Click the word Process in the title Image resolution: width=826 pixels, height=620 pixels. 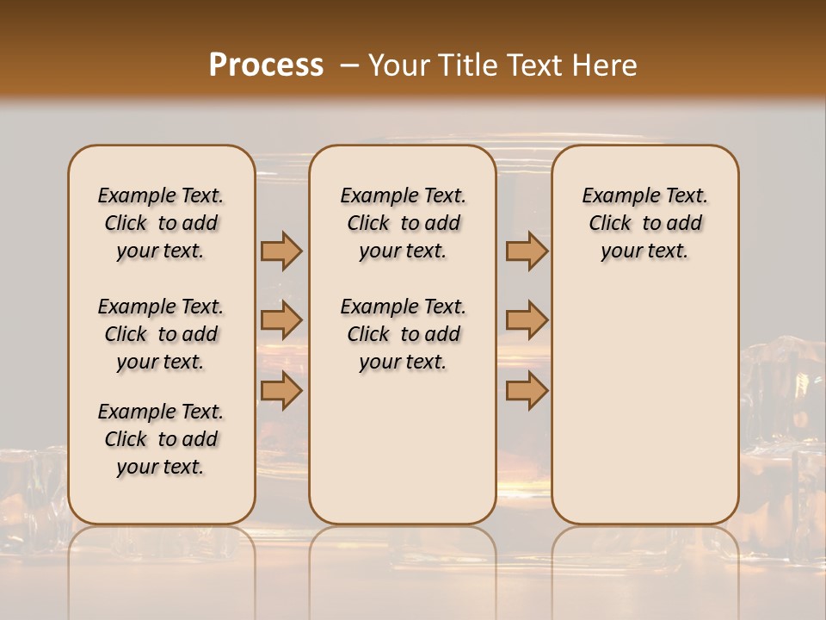[266, 65]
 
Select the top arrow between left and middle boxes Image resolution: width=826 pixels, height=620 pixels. [281, 251]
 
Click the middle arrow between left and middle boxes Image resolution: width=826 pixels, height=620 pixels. [281, 321]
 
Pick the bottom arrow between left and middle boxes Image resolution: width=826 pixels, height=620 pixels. [281, 391]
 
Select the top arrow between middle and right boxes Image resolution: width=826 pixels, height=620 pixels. [527, 251]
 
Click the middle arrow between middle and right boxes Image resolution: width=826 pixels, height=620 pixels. [527, 321]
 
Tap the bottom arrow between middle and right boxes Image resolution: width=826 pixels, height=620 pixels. [527, 391]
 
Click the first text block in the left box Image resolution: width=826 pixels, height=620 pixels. [161, 223]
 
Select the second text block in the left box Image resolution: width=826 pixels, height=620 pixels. [161, 334]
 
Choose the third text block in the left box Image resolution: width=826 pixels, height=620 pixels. [161, 439]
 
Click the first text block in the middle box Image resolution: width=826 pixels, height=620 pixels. [403, 223]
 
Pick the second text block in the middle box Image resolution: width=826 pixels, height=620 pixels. [403, 334]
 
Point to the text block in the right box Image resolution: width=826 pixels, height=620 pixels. [644, 223]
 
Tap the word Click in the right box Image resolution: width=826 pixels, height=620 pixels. [610, 224]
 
